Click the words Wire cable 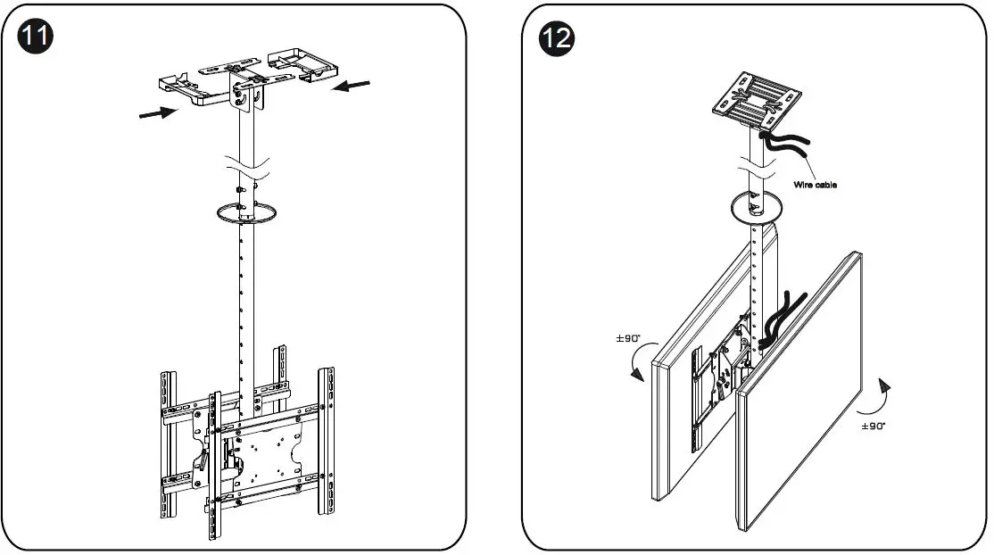point(815,185)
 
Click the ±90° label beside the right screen point(874,427)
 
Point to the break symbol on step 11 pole point(248,166)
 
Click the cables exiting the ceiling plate point(785,145)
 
